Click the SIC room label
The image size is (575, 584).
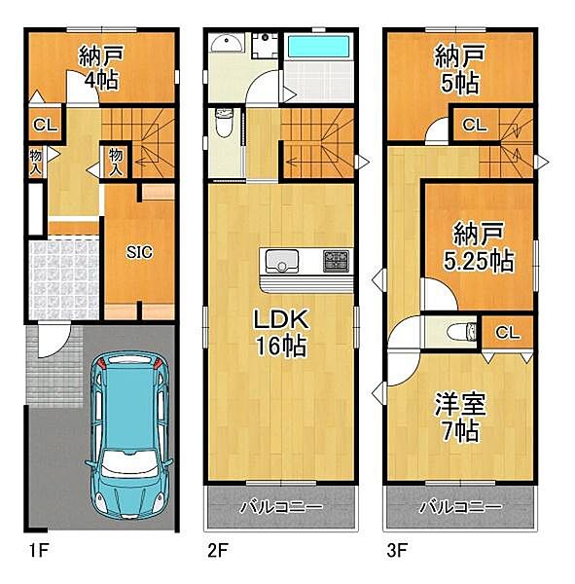(x=138, y=251)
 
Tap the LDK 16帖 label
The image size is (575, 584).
(x=281, y=332)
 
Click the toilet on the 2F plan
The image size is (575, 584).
(x=223, y=125)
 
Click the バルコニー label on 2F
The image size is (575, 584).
(x=281, y=508)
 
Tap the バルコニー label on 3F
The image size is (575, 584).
(x=460, y=508)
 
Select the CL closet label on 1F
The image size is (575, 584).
(x=43, y=124)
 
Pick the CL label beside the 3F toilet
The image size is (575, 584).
(x=507, y=333)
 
